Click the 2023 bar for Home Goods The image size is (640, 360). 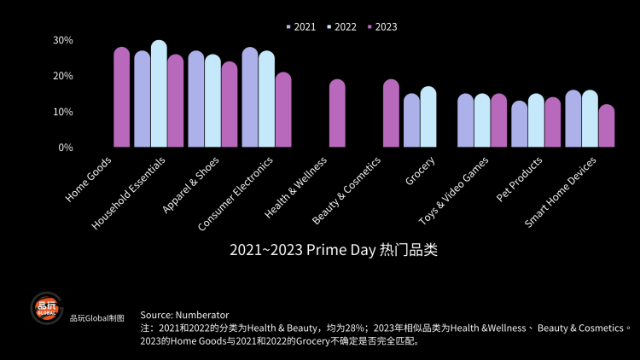[x=122, y=97]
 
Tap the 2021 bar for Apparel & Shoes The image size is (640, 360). [x=195, y=99]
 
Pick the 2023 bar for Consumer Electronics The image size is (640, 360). [x=283, y=110]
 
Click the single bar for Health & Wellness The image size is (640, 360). [x=337, y=113]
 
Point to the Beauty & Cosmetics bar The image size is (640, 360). [x=391, y=113]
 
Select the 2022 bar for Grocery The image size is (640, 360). [x=428, y=117]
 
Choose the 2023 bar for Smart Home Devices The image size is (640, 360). [x=607, y=126]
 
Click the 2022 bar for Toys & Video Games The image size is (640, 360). [x=482, y=120]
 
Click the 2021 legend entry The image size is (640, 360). [x=300, y=26]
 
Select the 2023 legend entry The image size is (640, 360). [x=381, y=26]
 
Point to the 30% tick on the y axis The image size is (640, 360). [x=62, y=40]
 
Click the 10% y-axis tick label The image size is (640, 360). [x=62, y=112]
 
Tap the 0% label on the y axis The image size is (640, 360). [x=65, y=147]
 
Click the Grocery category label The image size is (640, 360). [x=422, y=172]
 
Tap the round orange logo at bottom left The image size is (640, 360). [x=47, y=310]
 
